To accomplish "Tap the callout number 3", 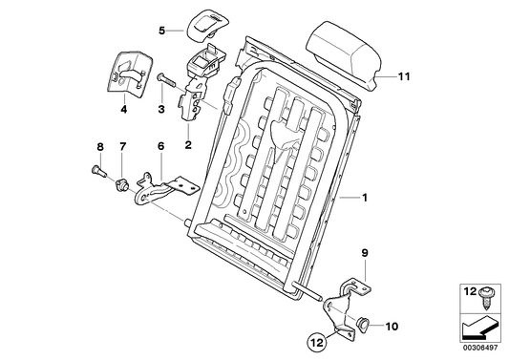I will (161, 112).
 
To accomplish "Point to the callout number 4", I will (123, 112).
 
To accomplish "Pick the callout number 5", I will (162, 30).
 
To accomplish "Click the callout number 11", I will (404, 73).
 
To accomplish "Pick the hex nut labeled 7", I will (122, 180).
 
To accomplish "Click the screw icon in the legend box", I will (488, 294).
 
